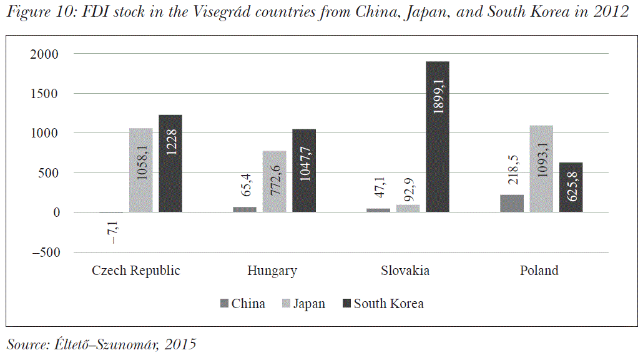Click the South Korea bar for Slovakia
pyautogui.click(x=437, y=137)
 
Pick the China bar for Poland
pyautogui.click(x=512, y=204)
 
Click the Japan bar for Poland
pyautogui.click(x=541, y=169)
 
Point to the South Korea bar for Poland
pyautogui.click(x=571, y=187)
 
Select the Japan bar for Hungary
pyautogui.click(x=274, y=181)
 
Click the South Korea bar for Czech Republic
pyautogui.click(x=170, y=164)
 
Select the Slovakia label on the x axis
pyautogui.click(x=405, y=271)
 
